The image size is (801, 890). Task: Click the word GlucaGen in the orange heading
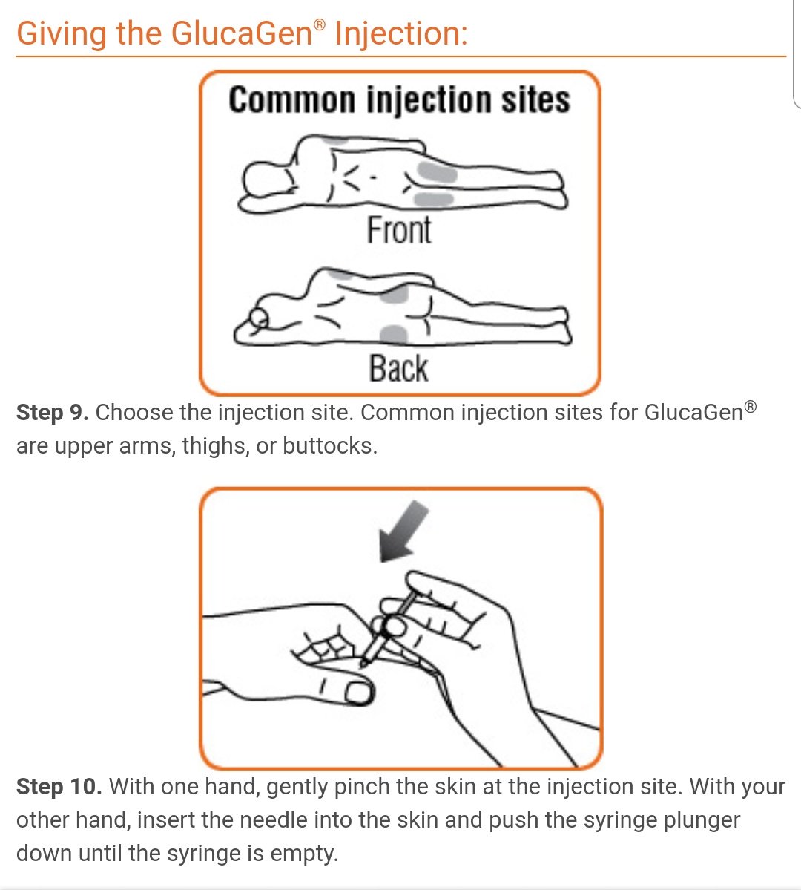(x=242, y=33)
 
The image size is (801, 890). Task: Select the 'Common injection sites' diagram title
(x=399, y=100)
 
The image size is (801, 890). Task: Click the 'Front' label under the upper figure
(x=399, y=230)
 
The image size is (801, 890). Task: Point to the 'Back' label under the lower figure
(x=399, y=369)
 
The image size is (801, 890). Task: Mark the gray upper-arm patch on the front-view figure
(x=334, y=140)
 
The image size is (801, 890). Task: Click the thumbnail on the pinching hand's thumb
(x=358, y=693)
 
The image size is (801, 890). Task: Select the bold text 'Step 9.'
(x=52, y=413)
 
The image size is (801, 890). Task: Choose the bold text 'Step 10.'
(x=59, y=787)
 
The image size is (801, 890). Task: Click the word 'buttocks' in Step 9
(x=329, y=446)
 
